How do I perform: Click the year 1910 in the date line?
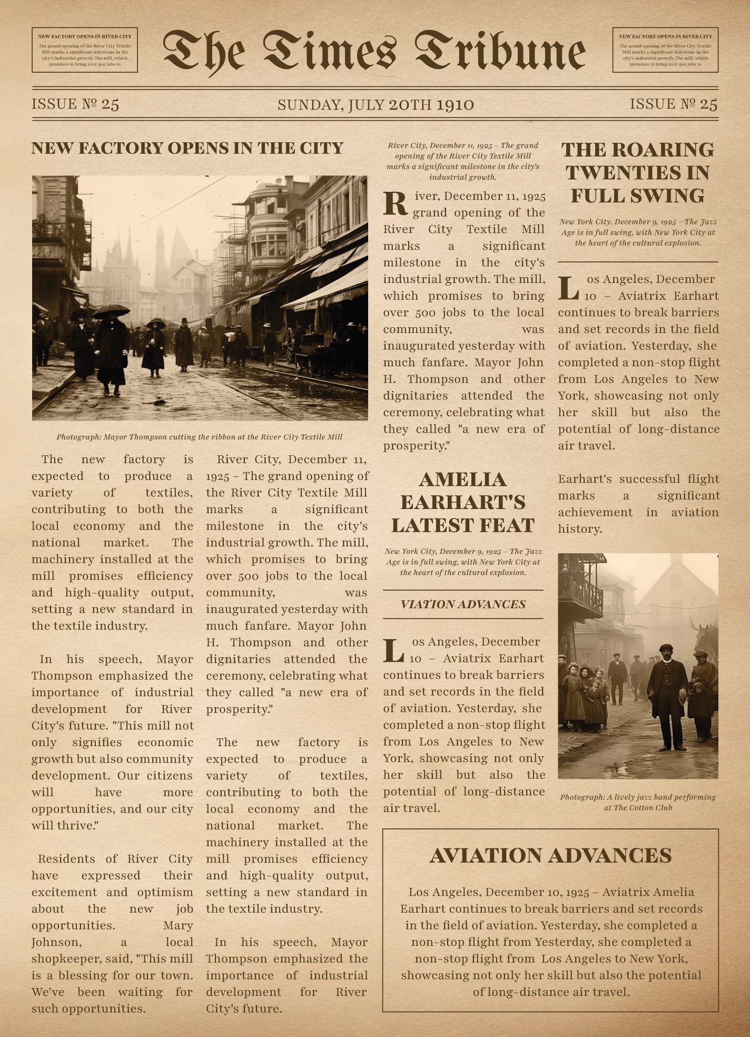coord(455,105)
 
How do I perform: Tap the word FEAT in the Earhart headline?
coord(509,525)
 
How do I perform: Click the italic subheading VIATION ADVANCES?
coord(463,604)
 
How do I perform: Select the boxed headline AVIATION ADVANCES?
coord(550,856)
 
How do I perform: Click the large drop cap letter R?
coord(395,204)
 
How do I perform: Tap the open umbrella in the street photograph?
coord(110,311)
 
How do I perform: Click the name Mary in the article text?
coord(178,925)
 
